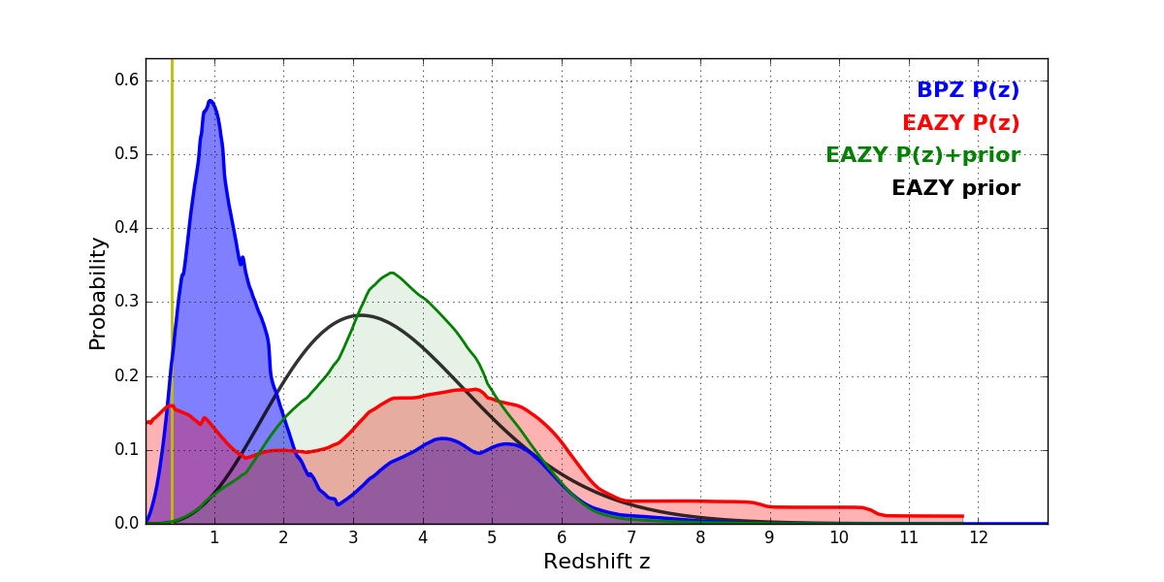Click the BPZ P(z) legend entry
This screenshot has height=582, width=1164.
tap(967, 90)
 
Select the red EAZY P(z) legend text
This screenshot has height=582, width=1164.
tap(960, 123)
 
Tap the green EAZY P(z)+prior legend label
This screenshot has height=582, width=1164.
tap(922, 155)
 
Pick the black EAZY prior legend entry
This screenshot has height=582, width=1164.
tap(955, 188)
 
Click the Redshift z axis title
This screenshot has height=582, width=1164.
tap(597, 562)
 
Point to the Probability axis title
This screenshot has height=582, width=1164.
tap(98, 292)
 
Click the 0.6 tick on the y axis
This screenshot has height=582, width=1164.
tap(126, 81)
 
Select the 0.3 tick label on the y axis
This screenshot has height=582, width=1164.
tap(126, 302)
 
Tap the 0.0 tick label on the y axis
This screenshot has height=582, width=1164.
tap(126, 524)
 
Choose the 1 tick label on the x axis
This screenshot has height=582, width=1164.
tap(214, 537)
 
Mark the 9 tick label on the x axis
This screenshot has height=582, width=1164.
tap(769, 537)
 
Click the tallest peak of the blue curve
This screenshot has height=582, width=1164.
tap(210, 100)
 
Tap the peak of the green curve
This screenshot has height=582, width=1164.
tap(391, 273)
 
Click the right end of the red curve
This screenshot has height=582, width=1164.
tap(963, 516)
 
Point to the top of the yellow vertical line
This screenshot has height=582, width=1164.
tap(172, 60)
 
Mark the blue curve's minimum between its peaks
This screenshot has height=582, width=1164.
tap(338, 504)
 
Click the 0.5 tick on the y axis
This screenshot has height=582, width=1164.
tap(126, 154)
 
